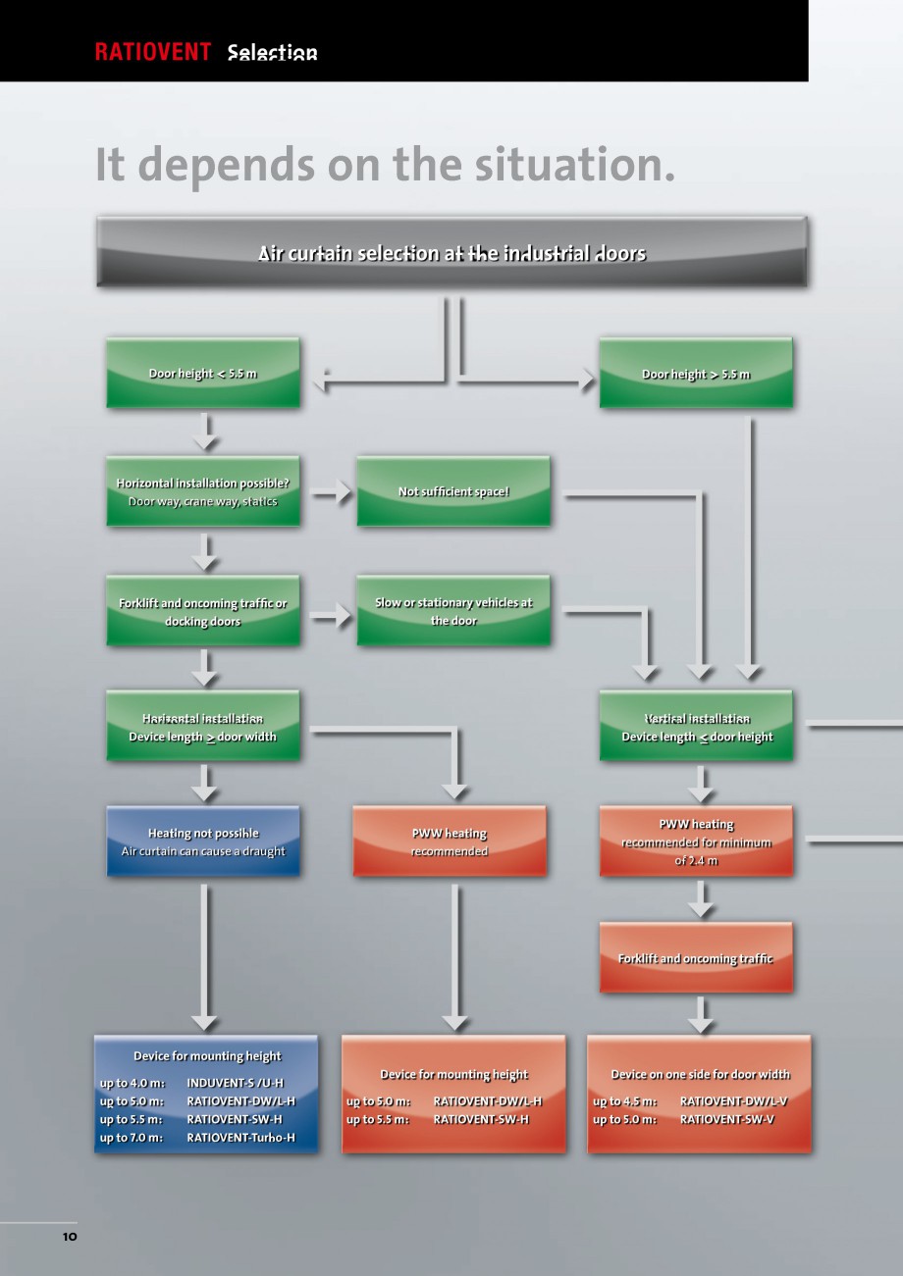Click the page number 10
[69, 1237]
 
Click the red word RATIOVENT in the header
[153, 53]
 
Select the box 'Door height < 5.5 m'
[202, 374]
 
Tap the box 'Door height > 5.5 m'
[695, 374]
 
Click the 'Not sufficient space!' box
[453, 491]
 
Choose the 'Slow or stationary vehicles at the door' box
[453, 611]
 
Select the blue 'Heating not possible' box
[202, 842]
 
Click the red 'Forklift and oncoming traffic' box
[695, 958]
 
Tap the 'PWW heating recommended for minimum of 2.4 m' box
[695, 842]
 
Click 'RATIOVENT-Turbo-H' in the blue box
[240, 1138]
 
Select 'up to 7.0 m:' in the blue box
[132, 1138]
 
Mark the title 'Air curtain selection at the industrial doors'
[451, 253]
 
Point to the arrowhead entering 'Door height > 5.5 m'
[586, 381]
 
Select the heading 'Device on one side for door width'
[699, 1074]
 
